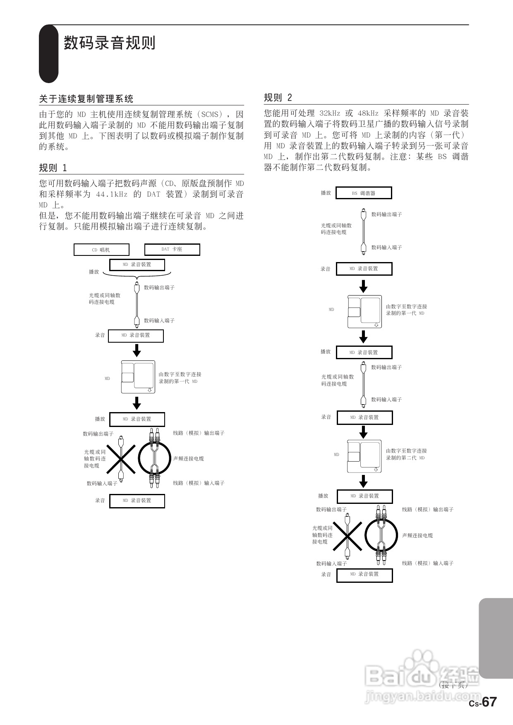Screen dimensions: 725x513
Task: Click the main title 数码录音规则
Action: [110, 43]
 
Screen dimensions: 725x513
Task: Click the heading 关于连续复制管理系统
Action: [86, 99]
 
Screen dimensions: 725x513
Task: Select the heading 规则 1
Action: [53, 168]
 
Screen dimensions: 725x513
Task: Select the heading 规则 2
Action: [278, 98]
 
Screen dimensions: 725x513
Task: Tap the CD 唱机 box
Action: [101, 250]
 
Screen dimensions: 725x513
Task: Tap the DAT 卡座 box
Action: [172, 249]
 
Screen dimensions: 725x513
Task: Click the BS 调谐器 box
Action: [364, 193]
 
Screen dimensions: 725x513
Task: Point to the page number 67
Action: [489, 702]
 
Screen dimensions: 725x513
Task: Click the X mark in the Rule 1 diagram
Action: [121, 459]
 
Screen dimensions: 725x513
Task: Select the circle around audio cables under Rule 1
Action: [154, 458]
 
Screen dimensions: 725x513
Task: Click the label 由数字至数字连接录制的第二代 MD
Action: [406, 454]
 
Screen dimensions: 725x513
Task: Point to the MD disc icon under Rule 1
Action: [138, 377]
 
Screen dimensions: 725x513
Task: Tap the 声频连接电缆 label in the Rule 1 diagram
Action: [188, 458]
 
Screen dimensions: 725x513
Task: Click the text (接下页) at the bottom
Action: [453, 685]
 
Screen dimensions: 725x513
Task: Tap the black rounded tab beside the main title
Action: [49, 54]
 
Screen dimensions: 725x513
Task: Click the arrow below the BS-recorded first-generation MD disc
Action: [363, 336]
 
